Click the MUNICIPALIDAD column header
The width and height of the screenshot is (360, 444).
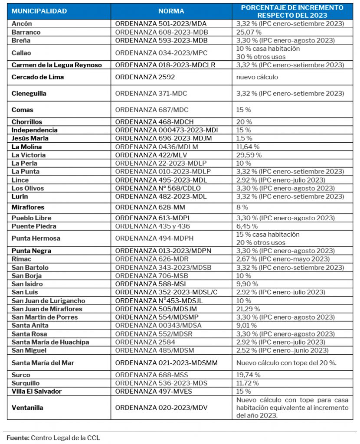(39, 11)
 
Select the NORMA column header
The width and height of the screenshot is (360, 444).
(171, 11)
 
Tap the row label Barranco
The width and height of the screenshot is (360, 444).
(26, 32)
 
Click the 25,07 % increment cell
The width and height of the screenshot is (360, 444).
(249, 32)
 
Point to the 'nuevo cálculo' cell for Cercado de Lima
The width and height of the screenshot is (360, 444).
(257, 77)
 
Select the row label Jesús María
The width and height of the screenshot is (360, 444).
(30, 138)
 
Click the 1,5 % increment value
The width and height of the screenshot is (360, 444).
(244, 138)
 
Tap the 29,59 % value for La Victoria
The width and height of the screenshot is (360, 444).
(249, 155)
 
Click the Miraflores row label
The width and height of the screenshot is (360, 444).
(28, 207)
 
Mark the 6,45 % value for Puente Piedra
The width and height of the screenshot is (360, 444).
(247, 226)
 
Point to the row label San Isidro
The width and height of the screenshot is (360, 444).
(27, 284)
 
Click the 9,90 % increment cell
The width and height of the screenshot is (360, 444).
(247, 284)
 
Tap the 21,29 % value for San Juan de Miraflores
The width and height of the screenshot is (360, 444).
(248, 309)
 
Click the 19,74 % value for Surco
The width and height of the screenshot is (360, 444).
(248, 375)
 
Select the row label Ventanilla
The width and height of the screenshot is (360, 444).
(28, 408)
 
